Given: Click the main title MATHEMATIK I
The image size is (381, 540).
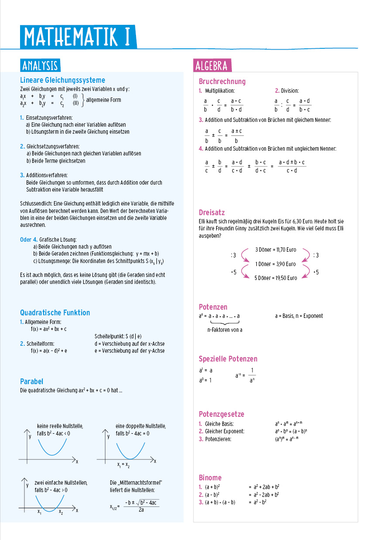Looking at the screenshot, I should coord(78,37).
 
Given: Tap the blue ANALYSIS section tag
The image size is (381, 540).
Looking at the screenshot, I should coord(40,65).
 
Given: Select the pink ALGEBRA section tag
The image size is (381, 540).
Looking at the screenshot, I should coord(212,65).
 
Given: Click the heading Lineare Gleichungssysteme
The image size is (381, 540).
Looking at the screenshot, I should coord(62,80).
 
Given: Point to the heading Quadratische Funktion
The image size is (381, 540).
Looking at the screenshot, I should coord(55,313).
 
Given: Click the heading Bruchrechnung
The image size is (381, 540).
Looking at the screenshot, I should coord(222,81).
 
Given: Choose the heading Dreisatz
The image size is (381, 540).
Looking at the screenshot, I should coord(211,213).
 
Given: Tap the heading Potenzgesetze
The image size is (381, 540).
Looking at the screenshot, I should coord(221,414).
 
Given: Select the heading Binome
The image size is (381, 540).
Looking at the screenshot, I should coord(210,478).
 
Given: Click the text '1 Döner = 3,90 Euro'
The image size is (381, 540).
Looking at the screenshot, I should coord(275,264).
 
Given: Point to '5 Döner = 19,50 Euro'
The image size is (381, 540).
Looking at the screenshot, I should coord(276,278).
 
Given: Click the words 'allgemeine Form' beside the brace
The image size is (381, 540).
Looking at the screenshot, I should coord(104,100).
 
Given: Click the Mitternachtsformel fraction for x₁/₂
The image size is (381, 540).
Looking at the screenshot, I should coord(141,506).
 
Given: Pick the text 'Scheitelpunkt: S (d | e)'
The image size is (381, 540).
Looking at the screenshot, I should coord(118,336).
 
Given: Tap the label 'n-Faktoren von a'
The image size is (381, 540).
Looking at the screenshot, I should coord(225,330).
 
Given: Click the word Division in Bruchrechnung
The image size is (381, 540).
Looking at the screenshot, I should coord(289,91).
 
